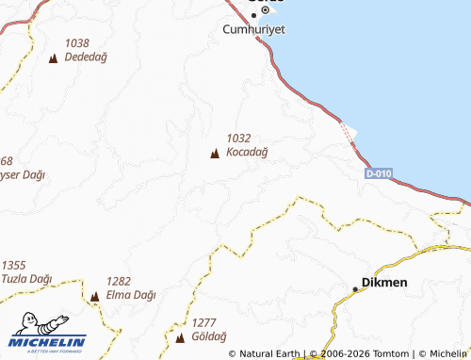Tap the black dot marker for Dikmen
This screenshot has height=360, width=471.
(355, 287)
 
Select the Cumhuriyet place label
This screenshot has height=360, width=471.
(254, 29)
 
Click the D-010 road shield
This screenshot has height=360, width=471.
(379, 174)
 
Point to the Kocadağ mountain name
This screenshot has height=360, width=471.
(248, 152)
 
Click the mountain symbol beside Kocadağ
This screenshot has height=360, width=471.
(215, 153)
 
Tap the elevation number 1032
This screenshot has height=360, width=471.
(238, 138)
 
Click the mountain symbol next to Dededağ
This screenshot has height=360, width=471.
(52, 58)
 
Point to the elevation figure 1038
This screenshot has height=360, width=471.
(77, 43)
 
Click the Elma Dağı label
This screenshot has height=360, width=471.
(131, 295)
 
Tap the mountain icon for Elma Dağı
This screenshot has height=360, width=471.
(94, 296)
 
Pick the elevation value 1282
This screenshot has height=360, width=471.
(119, 281)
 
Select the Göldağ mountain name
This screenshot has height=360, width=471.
(208, 336)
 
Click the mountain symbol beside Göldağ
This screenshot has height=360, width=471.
(180, 336)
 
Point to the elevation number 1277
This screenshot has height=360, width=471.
(203, 322)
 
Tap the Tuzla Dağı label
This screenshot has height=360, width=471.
(27, 279)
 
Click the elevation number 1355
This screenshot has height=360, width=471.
(14, 265)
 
